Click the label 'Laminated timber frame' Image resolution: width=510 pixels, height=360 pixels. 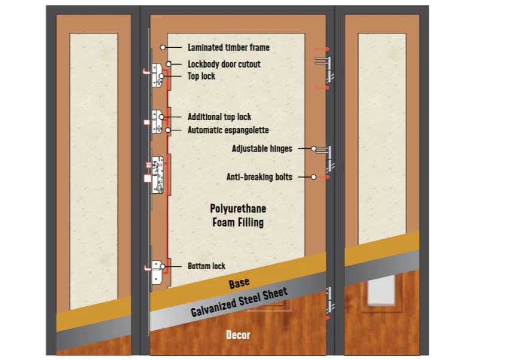click(x=228, y=47)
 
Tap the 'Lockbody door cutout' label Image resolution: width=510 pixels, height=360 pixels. click(x=224, y=64)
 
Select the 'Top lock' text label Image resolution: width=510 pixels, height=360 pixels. click(x=201, y=77)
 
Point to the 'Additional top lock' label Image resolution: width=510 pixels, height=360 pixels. click(x=219, y=117)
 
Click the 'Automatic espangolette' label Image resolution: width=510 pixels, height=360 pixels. click(x=228, y=130)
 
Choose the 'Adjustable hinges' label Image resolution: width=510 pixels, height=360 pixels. click(x=262, y=148)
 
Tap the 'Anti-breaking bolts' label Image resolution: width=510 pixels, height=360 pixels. click(x=259, y=177)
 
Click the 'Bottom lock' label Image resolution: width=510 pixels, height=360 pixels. click(x=206, y=266)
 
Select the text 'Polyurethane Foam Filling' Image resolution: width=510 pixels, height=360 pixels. click(x=237, y=215)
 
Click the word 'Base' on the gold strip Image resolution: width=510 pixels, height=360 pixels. click(x=239, y=283)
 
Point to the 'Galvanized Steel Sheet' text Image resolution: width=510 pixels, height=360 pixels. click(x=239, y=302)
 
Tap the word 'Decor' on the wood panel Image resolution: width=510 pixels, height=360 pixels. click(x=238, y=335)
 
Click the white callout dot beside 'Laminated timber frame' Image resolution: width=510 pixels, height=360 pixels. click(x=163, y=47)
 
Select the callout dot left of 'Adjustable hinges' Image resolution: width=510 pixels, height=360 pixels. click(x=313, y=148)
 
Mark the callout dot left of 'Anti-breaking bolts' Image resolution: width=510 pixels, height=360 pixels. click(x=313, y=177)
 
